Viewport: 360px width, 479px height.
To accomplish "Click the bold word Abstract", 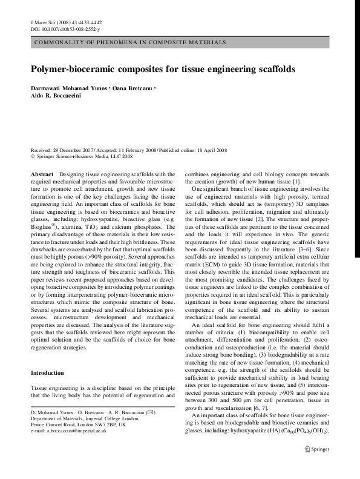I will click(42, 174).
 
